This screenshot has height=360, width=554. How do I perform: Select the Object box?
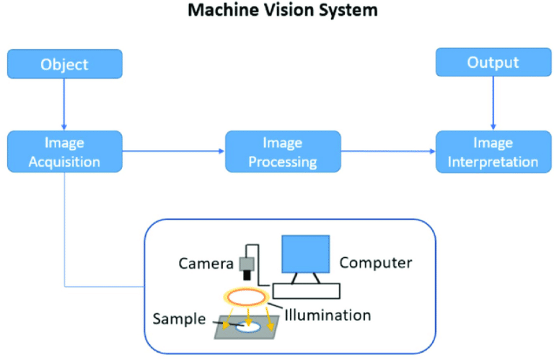click(65, 64)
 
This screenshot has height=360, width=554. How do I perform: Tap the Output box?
click(493, 63)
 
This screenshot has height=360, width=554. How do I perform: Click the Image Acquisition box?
click(65, 152)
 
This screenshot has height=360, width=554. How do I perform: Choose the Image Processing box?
click(283, 152)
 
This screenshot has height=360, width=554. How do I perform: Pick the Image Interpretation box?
click(493, 152)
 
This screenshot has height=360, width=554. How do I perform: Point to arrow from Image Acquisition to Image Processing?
click(173, 152)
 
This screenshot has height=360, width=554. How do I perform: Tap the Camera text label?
click(206, 263)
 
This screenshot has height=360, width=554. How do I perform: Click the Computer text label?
click(376, 263)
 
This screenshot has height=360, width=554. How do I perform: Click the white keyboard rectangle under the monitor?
click(305, 291)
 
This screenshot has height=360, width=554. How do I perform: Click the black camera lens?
click(247, 276)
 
